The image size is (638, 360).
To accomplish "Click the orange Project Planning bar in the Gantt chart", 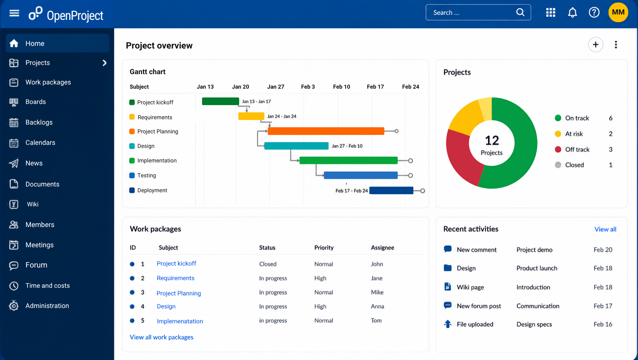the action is click(326, 131).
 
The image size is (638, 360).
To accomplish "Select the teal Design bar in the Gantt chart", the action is click(296, 146).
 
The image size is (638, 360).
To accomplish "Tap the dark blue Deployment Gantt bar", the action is click(391, 191).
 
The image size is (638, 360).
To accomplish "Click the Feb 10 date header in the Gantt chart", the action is click(342, 87).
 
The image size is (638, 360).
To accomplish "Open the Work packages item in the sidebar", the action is click(48, 82).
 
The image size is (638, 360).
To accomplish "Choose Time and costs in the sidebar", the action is click(48, 285).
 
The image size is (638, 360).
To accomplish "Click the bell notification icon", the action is click(573, 13).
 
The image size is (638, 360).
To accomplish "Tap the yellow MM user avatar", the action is click(618, 12).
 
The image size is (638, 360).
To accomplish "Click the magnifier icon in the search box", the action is click(520, 12).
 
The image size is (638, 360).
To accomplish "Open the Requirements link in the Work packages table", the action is click(175, 278).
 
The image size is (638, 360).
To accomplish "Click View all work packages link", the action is click(162, 337).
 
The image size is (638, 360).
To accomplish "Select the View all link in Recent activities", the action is click(605, 229).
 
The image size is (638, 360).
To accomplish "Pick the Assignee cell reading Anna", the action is click(377, 306).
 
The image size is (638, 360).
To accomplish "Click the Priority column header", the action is click(324, 248).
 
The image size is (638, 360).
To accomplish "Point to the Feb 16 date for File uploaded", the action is click(603, 324).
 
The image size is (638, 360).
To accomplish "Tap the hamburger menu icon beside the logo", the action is click(14, 13).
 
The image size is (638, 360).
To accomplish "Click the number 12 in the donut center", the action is click(492, 140).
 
